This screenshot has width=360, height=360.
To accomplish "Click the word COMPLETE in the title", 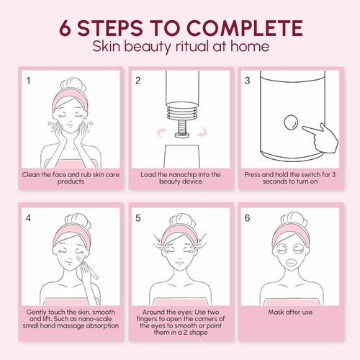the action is (244, 28).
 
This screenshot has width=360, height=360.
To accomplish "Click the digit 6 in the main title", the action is (65, 28).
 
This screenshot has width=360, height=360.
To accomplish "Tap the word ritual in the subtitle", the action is (192, 46).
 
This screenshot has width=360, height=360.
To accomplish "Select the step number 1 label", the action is (28, 81).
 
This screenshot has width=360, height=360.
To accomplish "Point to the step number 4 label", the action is (28, 218).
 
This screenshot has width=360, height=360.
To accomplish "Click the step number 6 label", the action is (247, 218).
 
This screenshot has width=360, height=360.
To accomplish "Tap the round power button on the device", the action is (291, 122).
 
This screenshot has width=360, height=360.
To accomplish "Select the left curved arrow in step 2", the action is (161, 132).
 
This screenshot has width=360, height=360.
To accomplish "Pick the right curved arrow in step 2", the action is (202, 132).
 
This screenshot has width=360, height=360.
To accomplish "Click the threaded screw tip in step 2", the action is (181, 129).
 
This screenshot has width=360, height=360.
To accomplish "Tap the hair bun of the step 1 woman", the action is (73, 84).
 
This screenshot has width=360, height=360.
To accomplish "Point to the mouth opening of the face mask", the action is (290, 262).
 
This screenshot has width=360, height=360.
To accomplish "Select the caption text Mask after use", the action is (290, 312).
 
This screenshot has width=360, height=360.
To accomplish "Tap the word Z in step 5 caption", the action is (186, 333).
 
